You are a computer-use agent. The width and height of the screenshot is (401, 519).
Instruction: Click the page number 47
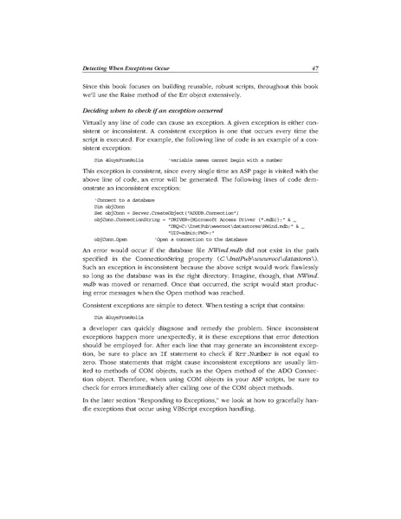point(317,67)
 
